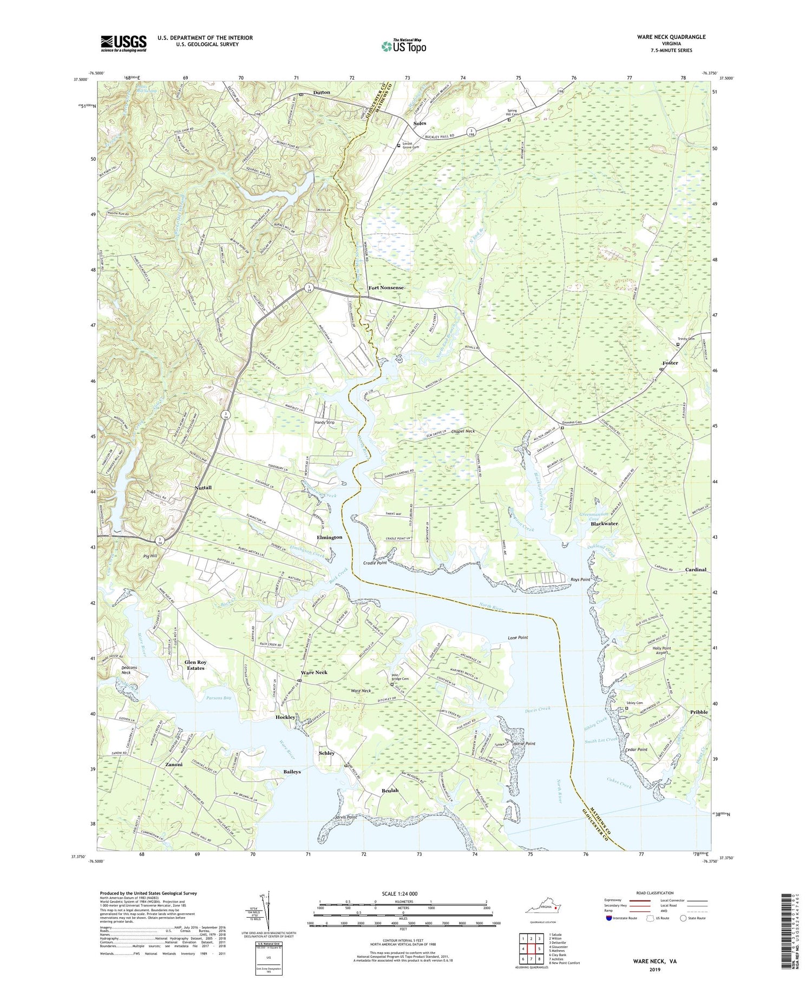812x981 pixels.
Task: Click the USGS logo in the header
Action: click(123, 43)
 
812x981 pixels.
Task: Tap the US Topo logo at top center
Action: click(403, 46)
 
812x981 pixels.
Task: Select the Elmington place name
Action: click(329, 537)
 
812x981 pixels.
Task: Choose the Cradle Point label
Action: click(375, 563)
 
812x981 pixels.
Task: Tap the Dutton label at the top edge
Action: click(322, 93)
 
